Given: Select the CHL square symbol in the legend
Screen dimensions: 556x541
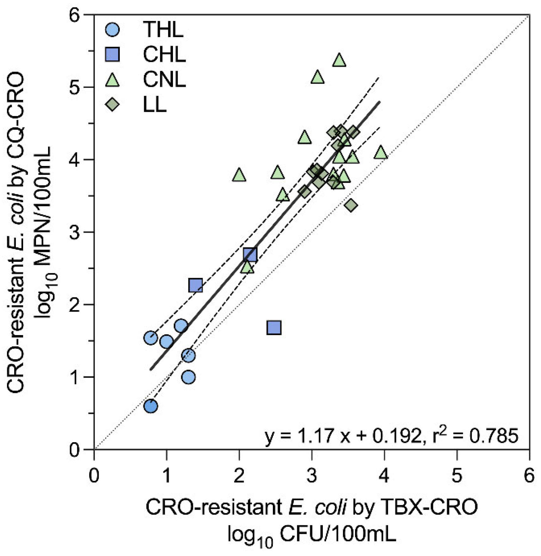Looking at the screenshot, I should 112,54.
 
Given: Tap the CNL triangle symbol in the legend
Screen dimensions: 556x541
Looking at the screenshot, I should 112,80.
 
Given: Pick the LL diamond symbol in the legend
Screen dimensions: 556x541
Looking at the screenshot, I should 112,104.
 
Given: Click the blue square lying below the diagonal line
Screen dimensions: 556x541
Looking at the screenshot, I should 274,328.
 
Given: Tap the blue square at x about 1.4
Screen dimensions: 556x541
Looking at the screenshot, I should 195,285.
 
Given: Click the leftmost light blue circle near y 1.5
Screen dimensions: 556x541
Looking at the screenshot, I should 151,338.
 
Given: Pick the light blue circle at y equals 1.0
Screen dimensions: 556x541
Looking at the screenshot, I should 188,377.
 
